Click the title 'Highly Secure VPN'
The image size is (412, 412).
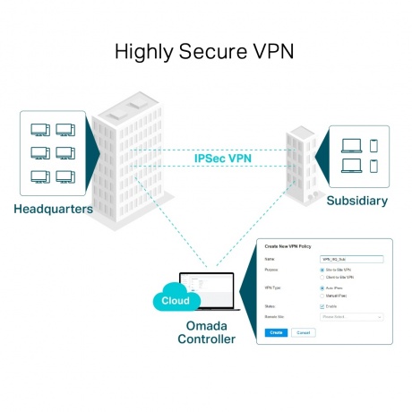click(205, 52)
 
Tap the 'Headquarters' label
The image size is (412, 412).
click(53, 210)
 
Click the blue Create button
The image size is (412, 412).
click(277, 332)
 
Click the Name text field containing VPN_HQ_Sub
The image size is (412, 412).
click(351, 258)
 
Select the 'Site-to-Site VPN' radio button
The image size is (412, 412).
click(322, 269)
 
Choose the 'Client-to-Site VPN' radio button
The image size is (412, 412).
click(322, 278)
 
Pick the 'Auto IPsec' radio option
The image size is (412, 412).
click(322, 288)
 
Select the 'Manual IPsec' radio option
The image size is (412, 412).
click(322, 296)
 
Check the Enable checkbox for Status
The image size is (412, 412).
click(322, 306)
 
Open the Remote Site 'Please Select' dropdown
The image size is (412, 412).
click(351, 316)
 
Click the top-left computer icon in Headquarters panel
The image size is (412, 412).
click(39, 130)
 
